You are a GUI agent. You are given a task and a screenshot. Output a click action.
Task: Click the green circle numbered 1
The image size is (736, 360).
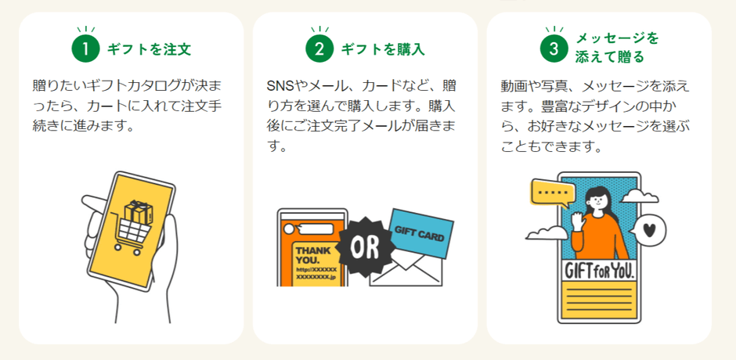(x=85, y=49)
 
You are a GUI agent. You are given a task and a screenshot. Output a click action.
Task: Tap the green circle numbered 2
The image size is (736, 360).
(x=319, y=49)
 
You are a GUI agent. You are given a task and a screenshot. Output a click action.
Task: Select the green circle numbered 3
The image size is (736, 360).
(x=554, y=49)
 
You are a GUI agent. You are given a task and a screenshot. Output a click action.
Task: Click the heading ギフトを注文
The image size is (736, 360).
(x=150, y=49)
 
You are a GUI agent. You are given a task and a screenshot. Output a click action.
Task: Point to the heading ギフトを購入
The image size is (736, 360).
(x=383, y=49)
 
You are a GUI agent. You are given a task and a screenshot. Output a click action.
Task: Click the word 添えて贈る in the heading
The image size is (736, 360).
(x=610, y=57)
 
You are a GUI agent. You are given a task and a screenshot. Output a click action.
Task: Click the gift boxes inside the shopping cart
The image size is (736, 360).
(x=139, y=212)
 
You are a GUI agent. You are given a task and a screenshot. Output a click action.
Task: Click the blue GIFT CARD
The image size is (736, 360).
(x=421, y=233)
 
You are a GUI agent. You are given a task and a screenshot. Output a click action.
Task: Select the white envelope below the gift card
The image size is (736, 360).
(x=406, y=268)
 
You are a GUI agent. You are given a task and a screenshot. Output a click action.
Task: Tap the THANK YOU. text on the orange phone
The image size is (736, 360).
(x=313, y=255)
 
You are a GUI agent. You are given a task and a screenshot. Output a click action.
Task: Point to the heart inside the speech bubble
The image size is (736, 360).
(x=648, y=230)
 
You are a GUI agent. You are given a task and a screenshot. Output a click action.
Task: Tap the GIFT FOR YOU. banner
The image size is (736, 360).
(x=600, y=270)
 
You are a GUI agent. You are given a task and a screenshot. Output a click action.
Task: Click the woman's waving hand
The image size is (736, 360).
(x=578, y=221)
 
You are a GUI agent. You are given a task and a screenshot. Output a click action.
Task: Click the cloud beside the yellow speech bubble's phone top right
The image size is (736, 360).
(x=639, y=196)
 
